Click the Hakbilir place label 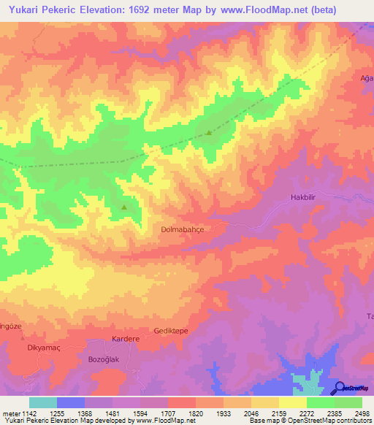[x=307, y=197]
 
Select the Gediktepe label [x=171, y=331]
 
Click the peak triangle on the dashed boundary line [x=210, y=133]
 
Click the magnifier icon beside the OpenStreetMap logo [x=340, y=388]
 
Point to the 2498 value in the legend [x=362, y=413]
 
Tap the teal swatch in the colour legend [x=43, y=402]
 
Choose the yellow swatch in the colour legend [x=293, y=402]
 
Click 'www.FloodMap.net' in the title [x=295, y=11]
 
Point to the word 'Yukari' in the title [x=22, y=11]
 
